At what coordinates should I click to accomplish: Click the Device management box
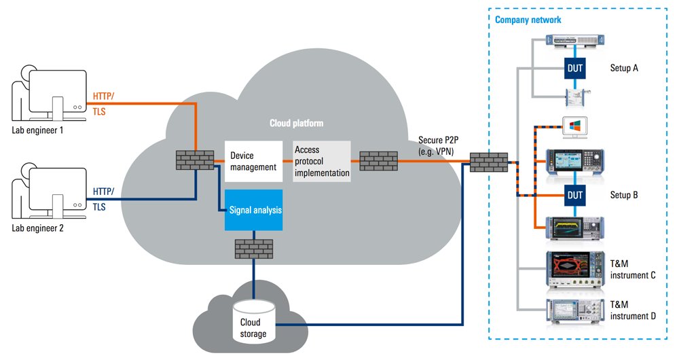pyautogui.click(x=253, y=162)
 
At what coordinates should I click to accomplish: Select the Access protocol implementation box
pyautogui.click(x=321, y=162)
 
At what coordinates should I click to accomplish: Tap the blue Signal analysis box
pyautogui.click(x=253, y=211)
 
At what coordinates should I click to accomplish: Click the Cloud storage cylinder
pyautogui.click(x=254, y=320)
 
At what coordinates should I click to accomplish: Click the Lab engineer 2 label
pyautogui.click(x=37, y=228)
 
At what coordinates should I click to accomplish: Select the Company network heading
pyautogui.click(x=528, y=20)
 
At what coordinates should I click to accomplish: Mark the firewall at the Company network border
pyautogui.click(x=488, y=162)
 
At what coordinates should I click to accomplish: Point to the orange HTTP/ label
pyautogui.click(x=104, y=96)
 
